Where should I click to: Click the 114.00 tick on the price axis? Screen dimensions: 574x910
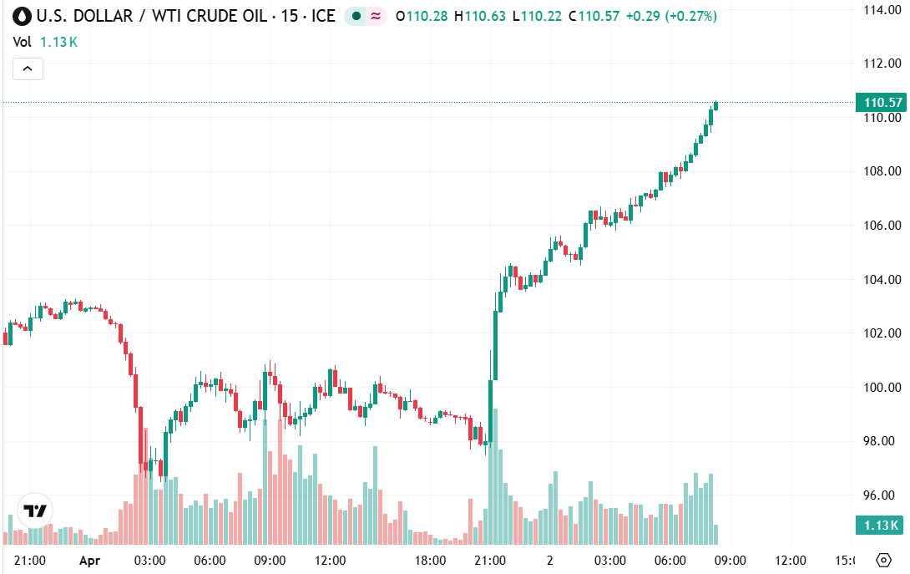point(882,9)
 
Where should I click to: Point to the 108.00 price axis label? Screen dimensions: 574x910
point(882,171)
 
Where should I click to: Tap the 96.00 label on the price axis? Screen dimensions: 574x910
point(882,495)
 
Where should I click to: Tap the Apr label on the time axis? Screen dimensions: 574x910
point(89,560)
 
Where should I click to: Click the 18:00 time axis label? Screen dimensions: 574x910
point(431,560)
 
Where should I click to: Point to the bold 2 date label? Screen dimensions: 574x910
point(550,560)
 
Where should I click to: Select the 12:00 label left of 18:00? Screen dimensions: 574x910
point(330,560)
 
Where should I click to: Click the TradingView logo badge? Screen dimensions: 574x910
point(34,511)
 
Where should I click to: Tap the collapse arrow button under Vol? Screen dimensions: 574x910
point(28,69)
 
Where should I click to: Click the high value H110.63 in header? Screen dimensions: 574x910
point(480,16)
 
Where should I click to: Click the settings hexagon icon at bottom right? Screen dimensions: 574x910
point(883,560)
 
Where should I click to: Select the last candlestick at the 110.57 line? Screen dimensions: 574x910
point(716,105)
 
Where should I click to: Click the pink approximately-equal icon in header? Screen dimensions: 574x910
point(376,16)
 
